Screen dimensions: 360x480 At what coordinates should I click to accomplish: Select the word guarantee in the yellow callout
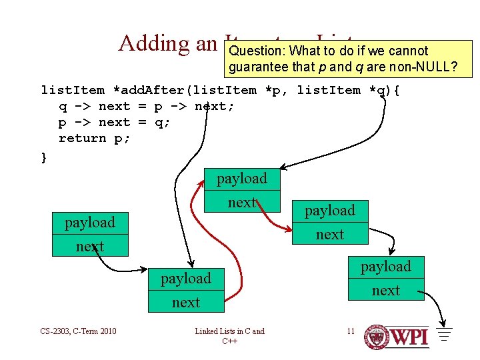point(259,67)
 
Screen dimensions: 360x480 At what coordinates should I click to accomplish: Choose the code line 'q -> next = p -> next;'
point(146,106)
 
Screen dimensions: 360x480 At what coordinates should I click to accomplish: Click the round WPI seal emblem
point(378,337)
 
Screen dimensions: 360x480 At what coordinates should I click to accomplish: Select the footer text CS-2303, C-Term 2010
point(79,331)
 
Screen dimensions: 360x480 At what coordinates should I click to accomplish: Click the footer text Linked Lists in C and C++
point(229,335)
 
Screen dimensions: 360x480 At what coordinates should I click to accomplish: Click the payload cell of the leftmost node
point(89,222)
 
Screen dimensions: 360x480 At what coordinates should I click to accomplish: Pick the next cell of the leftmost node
point(89,246)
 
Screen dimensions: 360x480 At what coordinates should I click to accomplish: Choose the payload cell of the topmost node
point(241,179)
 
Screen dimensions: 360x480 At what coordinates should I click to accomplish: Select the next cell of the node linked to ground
point(385,290)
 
